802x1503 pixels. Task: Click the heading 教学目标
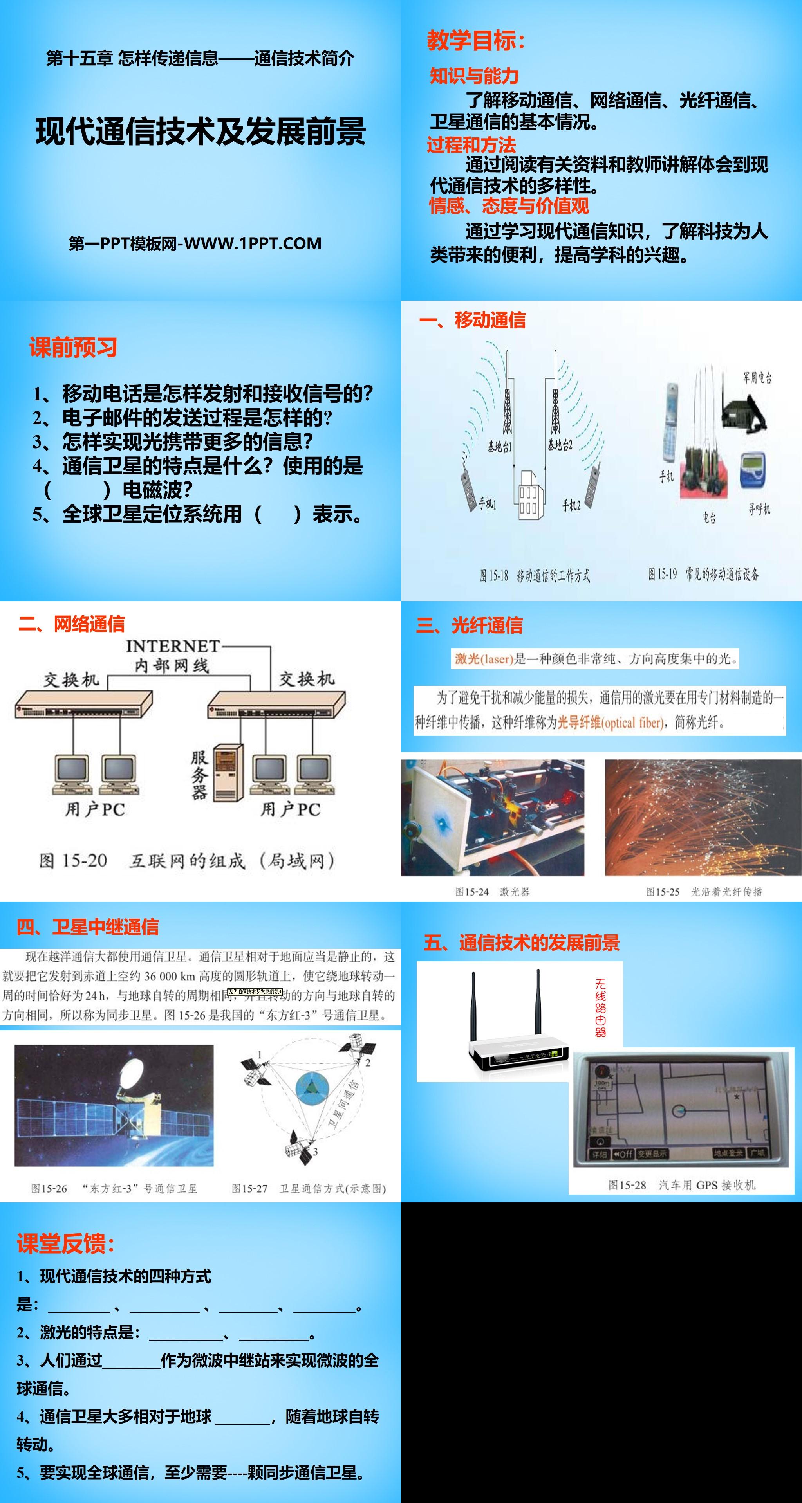coord(476,41)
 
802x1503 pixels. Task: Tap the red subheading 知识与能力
coord(474,76)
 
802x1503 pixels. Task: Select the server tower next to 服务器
coord(228,771)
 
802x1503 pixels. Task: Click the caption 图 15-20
coord(73,861)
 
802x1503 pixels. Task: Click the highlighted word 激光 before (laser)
coord(467,659)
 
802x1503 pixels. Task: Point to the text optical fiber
coord(632,723)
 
